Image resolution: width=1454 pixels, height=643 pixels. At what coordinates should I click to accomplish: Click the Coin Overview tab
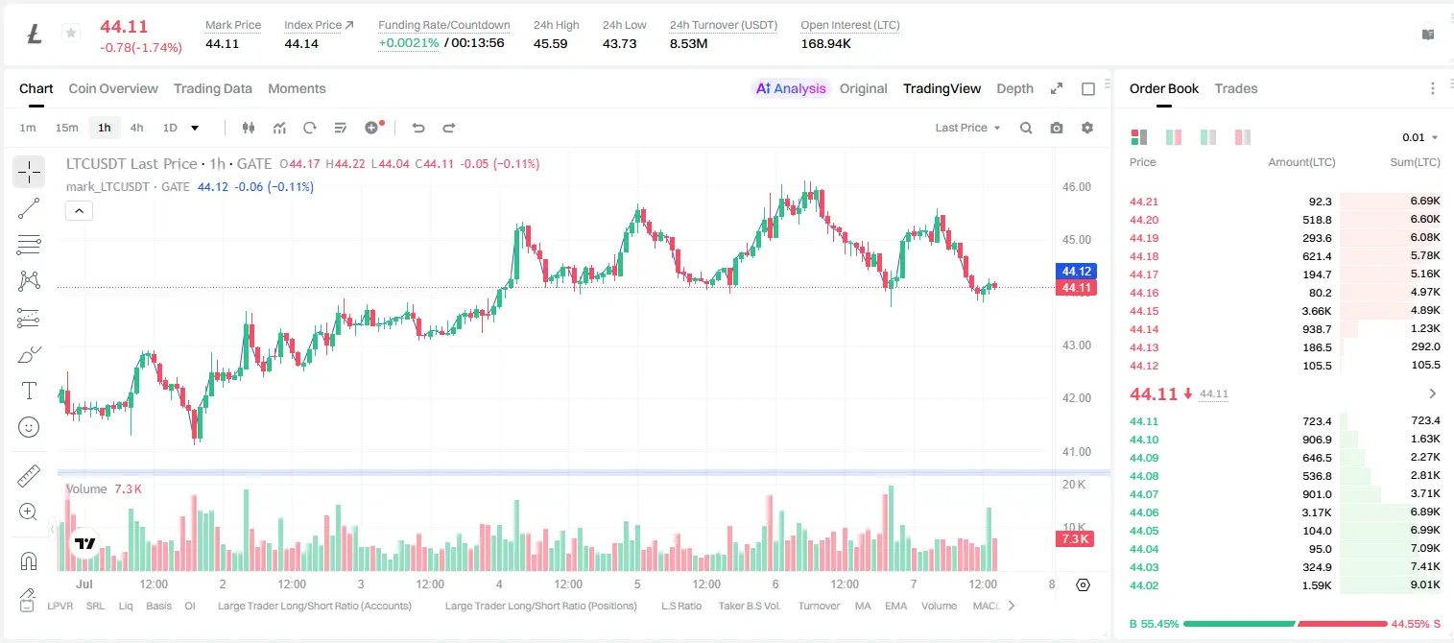coord(113,88)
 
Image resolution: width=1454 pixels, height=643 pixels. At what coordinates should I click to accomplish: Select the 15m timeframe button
coord(66,128)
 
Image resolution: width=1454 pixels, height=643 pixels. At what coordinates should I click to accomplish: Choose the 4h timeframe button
coord(136,128)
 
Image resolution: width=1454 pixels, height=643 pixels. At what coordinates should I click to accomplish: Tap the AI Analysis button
coord(791,88)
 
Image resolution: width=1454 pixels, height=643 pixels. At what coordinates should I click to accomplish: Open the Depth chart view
coord(1014,88)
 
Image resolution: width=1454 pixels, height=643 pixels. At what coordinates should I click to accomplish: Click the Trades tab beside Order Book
coord(1236,88)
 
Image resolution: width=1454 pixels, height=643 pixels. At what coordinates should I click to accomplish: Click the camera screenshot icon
coord(1057,128)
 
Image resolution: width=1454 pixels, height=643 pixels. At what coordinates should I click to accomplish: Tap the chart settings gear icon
coord(1087,128)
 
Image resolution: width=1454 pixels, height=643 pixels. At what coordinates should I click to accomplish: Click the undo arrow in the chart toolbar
coord(418,128)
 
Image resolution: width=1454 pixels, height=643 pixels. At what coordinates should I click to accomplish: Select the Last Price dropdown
coord(967,128)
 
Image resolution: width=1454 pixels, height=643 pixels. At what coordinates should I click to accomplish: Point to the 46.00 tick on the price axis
coord(1077,187)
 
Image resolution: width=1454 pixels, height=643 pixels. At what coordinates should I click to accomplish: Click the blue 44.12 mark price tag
coord(1076,272)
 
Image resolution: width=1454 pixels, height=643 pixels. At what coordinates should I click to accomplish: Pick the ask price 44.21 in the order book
coord(1144,202)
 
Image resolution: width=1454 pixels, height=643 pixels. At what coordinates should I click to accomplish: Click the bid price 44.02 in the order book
coord(1144,585)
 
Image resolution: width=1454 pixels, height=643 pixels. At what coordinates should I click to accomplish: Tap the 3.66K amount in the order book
coord(1317,311)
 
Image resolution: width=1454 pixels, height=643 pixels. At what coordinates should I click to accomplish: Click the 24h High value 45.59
coord(551,43)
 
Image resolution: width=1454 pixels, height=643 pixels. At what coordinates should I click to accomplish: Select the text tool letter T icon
coord(29,391)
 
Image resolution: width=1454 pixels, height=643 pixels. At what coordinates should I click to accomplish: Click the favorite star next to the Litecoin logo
coord(71,33)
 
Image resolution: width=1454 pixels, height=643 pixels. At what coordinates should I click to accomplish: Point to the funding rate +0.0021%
coord(409,43)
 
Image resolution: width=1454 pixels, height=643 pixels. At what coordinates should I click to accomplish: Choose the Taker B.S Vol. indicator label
coord(749,606)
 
